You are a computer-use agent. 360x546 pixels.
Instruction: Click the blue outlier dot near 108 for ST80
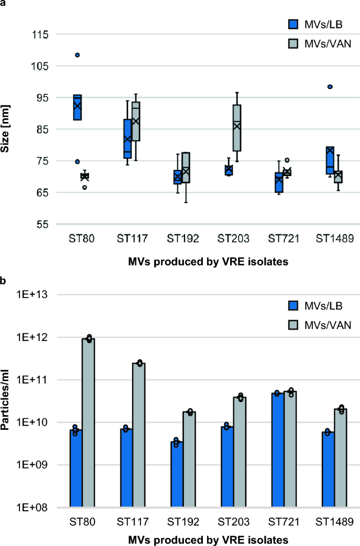point(77,55)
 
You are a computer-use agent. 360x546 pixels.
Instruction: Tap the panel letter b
point(4,281)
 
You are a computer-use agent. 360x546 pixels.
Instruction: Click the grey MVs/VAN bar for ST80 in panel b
point(88,423)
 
